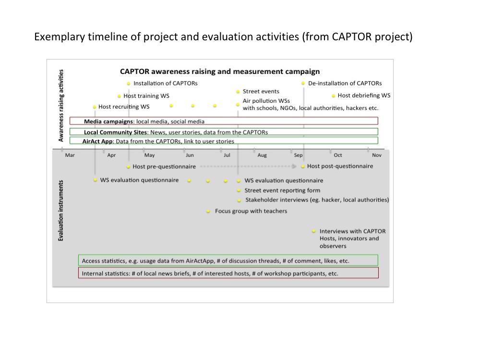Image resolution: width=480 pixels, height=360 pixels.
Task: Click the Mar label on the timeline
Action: tap(70, 155)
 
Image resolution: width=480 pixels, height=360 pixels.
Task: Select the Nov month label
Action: tap(377, 155)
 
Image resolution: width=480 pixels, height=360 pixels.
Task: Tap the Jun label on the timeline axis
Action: tap(190, 155)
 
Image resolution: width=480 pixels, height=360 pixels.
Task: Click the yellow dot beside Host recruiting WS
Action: tap(95, 107)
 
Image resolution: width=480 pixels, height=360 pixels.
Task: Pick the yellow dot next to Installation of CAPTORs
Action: tap(129, 83)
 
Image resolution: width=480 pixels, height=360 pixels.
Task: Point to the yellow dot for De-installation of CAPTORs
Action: tap(303, 83)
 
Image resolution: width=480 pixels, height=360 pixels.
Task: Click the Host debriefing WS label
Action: tap(364, 96)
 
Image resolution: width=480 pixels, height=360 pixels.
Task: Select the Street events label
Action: tap(261, 91)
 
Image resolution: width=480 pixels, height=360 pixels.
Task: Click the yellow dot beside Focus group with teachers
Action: tap(208, 211)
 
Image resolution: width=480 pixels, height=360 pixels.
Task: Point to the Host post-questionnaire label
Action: tap(340, 166)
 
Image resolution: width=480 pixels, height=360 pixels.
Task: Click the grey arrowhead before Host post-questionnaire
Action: tap(294, 166)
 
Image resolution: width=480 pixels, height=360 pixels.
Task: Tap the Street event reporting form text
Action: tap(282, 191)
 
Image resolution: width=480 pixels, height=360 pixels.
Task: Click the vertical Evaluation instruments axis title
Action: tap(60, 210)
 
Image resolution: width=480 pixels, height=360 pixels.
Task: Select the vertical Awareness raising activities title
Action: tap(61, 106)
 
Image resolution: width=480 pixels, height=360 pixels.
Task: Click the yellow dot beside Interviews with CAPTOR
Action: tap(314, 231)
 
